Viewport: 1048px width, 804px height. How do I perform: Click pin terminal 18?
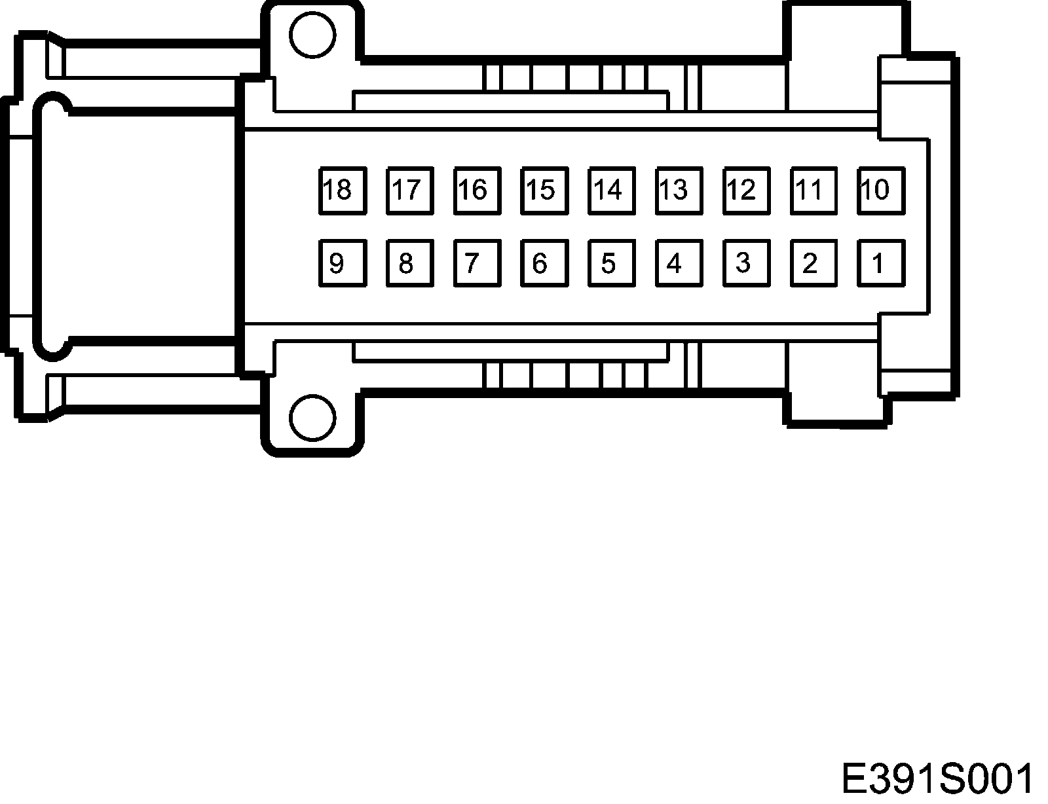point(343,191)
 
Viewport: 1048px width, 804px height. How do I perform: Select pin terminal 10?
point(881,191)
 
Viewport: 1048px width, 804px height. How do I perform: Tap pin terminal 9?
point(343,263)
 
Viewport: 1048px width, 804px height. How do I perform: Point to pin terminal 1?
point(881,263)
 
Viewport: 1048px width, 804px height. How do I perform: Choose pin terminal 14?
point(612,191)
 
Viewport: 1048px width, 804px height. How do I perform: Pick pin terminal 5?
point(612,263)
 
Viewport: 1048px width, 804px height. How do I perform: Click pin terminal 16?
point(477,191)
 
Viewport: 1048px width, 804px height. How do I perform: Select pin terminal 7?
point(477,263)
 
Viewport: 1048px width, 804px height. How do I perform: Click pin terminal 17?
point(410,191)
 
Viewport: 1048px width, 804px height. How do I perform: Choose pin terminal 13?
point(679,191)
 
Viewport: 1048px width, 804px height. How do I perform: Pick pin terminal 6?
point(544,263)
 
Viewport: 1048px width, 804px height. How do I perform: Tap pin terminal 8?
point(410,263)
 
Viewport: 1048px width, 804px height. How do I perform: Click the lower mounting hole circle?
point(312,417)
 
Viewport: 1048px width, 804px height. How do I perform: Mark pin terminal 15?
point(544,191)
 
